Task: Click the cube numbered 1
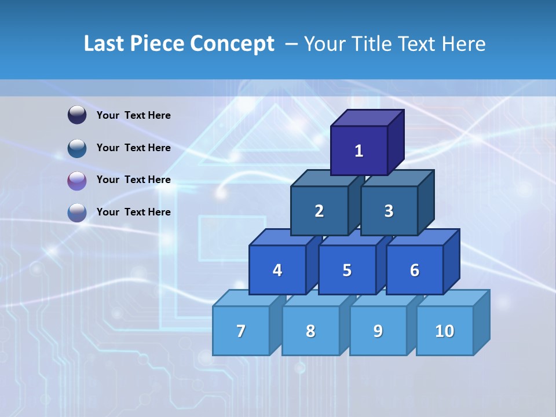pos(359,151)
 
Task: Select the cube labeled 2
pos(319,211)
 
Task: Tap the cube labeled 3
pos(389,211)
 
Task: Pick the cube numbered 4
pos(277,270)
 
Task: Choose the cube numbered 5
pos(347,270)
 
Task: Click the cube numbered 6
pos(415,270)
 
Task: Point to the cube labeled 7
pos(241,331)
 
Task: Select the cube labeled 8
pos(310,331)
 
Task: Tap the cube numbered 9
pos(378,331)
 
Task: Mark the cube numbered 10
pos(444,331)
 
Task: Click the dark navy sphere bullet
pos(77,115)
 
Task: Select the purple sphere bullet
pos(77,180)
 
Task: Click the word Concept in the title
pos(232,44)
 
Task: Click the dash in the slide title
pos(292,44)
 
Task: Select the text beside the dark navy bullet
pos(134,115)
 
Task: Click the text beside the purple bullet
pos(134,180)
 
